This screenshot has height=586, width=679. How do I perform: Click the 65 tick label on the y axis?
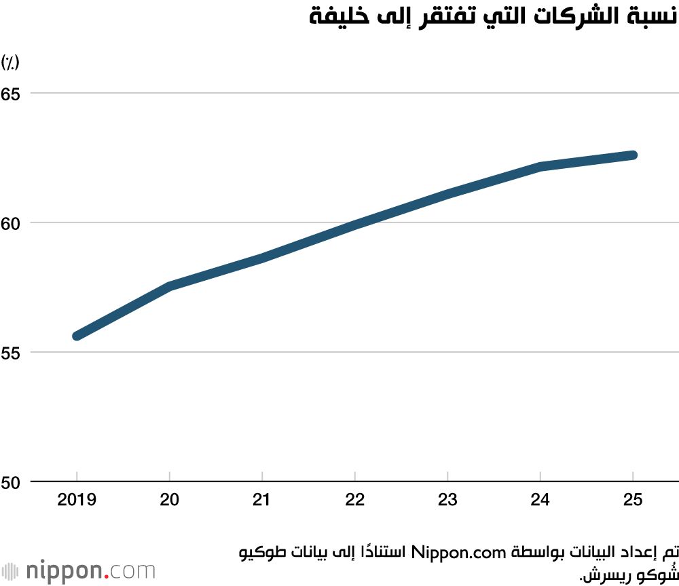click(10, 93)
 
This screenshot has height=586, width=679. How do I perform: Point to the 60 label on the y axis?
click(10, 222)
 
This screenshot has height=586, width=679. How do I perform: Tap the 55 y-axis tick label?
click(10, 353)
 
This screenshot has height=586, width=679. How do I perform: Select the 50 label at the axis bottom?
click(10, 482)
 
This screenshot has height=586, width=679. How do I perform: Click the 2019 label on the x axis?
click(77, 501)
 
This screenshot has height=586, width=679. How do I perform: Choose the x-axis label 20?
click(169, 501)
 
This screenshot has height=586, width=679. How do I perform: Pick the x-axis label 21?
click(262, 501)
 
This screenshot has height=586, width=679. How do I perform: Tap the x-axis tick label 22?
click(355, 501)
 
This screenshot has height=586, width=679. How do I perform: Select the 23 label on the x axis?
click(447, 501)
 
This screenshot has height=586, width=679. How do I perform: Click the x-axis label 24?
click(540, 501)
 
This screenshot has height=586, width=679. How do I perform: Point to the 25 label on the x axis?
click(633, 501)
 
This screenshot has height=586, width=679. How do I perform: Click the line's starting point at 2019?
click(77, 336)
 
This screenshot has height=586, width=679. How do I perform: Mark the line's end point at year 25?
click(633, 155)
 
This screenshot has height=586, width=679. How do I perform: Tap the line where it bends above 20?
click(169, 286)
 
